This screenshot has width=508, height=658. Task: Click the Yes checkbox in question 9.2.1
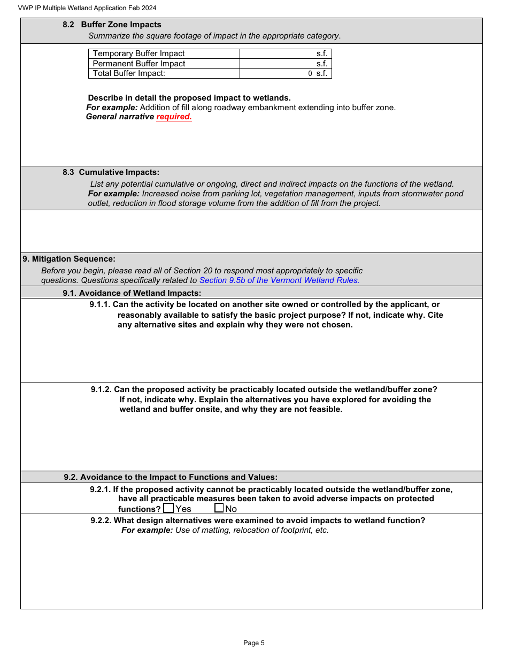coord(168,508)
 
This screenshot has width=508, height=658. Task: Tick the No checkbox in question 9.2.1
coord(219,508)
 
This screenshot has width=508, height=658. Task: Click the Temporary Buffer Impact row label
coord(138,53)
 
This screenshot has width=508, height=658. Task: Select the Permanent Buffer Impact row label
coord(139,64)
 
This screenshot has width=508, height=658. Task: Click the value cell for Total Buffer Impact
coord(286,74)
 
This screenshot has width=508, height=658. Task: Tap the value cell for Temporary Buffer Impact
coord(286,53)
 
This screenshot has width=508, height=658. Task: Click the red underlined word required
coord(174,117)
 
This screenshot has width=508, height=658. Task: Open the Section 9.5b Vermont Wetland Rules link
coord(279,280)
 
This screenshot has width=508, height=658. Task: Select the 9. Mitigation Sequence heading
coord(69,259)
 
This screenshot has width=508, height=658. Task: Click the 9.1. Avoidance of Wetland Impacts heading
coord(132,293)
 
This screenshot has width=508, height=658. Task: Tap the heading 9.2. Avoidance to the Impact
coord(171,477)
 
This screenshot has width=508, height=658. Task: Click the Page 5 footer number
coord(254,643)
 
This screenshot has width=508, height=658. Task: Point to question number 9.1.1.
coord(100,304)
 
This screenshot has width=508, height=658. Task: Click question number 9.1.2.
coord(101,389)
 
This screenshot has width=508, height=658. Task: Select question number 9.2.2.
coord(101,521)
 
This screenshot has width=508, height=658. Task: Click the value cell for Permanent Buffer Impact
coord(286,64)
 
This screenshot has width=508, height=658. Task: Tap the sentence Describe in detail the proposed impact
coord(189,98)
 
